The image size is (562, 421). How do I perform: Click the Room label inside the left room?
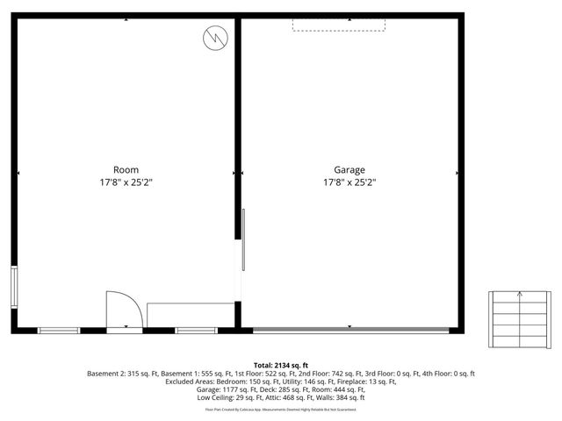click(126, 169)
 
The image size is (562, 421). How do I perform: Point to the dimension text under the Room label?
click(126, 182)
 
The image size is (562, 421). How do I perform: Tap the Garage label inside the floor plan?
click(349, 169)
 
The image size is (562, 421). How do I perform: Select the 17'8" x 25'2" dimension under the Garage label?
click(349, 182)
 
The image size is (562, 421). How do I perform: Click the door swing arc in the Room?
click(124, 308)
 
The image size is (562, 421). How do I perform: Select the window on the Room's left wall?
click(13, 286)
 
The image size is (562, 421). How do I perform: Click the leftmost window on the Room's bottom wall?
click(59, 330)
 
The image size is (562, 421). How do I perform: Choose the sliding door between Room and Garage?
click(243, 253)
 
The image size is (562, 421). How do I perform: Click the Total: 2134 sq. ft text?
click(281, 365)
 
